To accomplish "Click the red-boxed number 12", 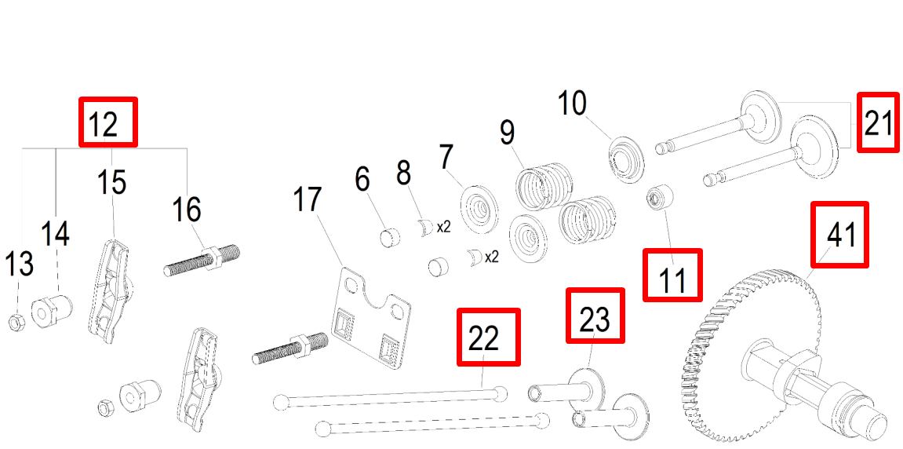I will click(108, 122).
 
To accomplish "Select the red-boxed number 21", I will click(878, 123).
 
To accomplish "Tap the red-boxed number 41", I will click(840, 234).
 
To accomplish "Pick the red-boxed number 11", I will click(672, 275).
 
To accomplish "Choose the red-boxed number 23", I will click(595, 315).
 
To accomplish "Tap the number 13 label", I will click(20, 264).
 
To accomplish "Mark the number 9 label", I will click(507, 132).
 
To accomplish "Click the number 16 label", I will click(187, 210).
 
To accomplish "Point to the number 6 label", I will click(362, 178).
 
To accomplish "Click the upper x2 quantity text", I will click(443, 227).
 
